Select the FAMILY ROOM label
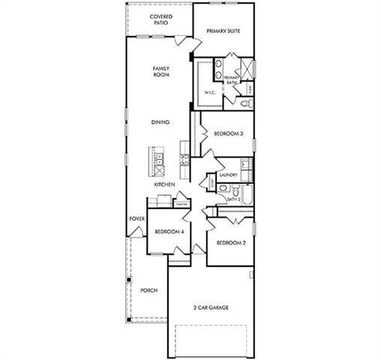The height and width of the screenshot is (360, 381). pyautogui.click(x=162, y=72)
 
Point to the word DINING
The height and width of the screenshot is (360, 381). pyautogui.click(x=160, y=122)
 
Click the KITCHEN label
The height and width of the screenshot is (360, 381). pyautogui.click(x=164, y=184)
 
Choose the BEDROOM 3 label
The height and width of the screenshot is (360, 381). pyautogui.click(x=228, y=133)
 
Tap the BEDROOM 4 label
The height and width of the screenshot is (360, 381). pyautogui.click(x=169, y=232)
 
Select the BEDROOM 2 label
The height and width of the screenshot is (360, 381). pyautogui.click(x=231, y=243)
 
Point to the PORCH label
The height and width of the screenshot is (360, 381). pyautogui.click(x=148, y=290)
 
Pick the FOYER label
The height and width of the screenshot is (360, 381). pyautogui.click(x=136, y=219)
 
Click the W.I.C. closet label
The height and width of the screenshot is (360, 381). pyautogui.click(x=210, y=92)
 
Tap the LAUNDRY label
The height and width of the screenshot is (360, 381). pyautogui.click(x=229, y=175)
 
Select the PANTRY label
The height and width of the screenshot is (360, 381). pyautogui.click(x=181, y=203)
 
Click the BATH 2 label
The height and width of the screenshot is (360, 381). pyautogui.click(x=234, y=199)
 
